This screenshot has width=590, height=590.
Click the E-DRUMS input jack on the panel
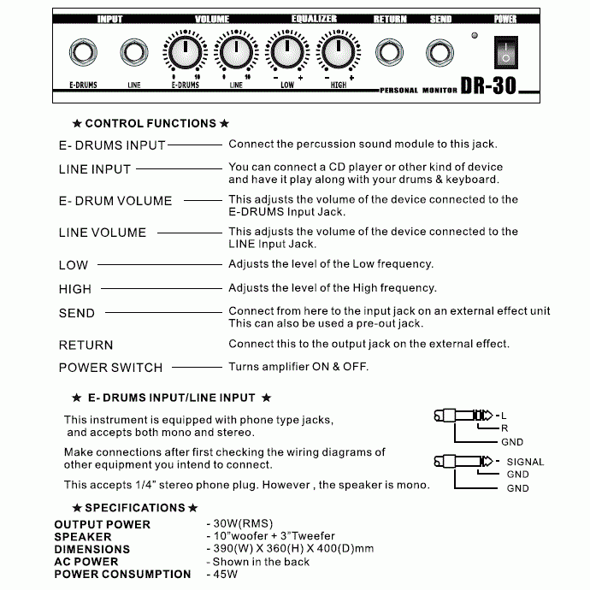pyautogui.click(x=83, y=53)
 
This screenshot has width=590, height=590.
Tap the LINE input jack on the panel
pyautogui.click(x=133, y=53)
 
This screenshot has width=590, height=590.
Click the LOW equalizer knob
pyautogui.click(x=286, y=53)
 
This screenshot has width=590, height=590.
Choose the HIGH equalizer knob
pyautogui.click(x=337, y=53)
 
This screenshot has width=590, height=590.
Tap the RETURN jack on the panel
pyautogui.click(x=390, y=53)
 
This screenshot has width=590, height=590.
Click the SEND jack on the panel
pyautogui.click(x=440, y=53)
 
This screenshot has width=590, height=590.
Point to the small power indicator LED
pyautogui.click(x=474, y=36)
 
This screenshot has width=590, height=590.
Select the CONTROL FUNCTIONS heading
pyautogui.click(x=150, y=124)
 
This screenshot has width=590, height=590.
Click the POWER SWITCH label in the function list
pyautogui.click(x=110, y=368)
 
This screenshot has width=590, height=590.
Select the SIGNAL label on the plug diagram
pyautogui.click(x=525, y=462)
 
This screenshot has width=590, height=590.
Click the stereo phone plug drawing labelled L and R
pyautogui.click(x=461, y=416)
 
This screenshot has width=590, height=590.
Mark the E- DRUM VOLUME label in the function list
pyautogui.click(x=115, y=201)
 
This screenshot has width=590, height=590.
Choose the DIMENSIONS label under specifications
pyautogui.click(x=92, y=549)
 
